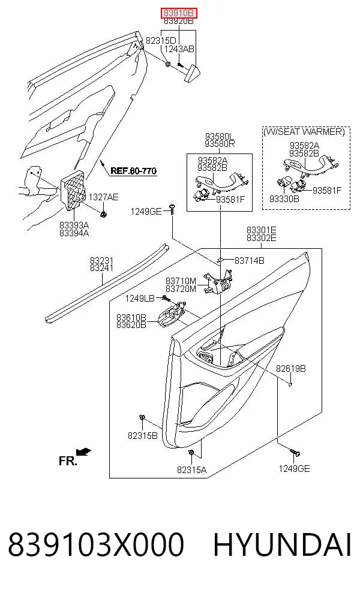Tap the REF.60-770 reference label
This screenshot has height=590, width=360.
pyautogui.click(x=133, y=171)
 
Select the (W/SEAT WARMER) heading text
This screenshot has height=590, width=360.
pyautogui.click(x=304, y=132)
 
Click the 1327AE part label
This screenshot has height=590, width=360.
pyautogui.click(x=103, y=197)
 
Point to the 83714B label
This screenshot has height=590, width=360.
pyautogui.click(x=249, y=260)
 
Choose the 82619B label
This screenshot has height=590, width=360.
pyautogui.click(x=291, y=369)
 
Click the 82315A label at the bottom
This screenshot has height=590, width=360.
pyautogui.click(x=191, y=469)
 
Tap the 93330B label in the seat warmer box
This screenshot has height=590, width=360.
pyautogui.click(x=284, y=198)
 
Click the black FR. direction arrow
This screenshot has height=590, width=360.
pyautogui.click(x=83, y=451)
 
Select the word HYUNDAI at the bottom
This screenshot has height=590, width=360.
pyautogui.click(x=283, y=544)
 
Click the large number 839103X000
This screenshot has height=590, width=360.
pyautogui.click(x=96, y=544)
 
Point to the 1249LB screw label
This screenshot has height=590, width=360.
pyautogui.click(x=140, y=299)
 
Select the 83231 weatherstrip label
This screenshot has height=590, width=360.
pyautogui.click(x=101, y=260)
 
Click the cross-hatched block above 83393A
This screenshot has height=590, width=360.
pyautogui.click(x=73, y=190)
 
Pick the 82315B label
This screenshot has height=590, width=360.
pyautogui.click(x=142, y=436)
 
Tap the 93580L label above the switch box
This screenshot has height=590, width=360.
pyautogui.click(x=220, y=136)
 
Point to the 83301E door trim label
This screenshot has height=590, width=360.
pyautogui.click(x=262, y=230)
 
